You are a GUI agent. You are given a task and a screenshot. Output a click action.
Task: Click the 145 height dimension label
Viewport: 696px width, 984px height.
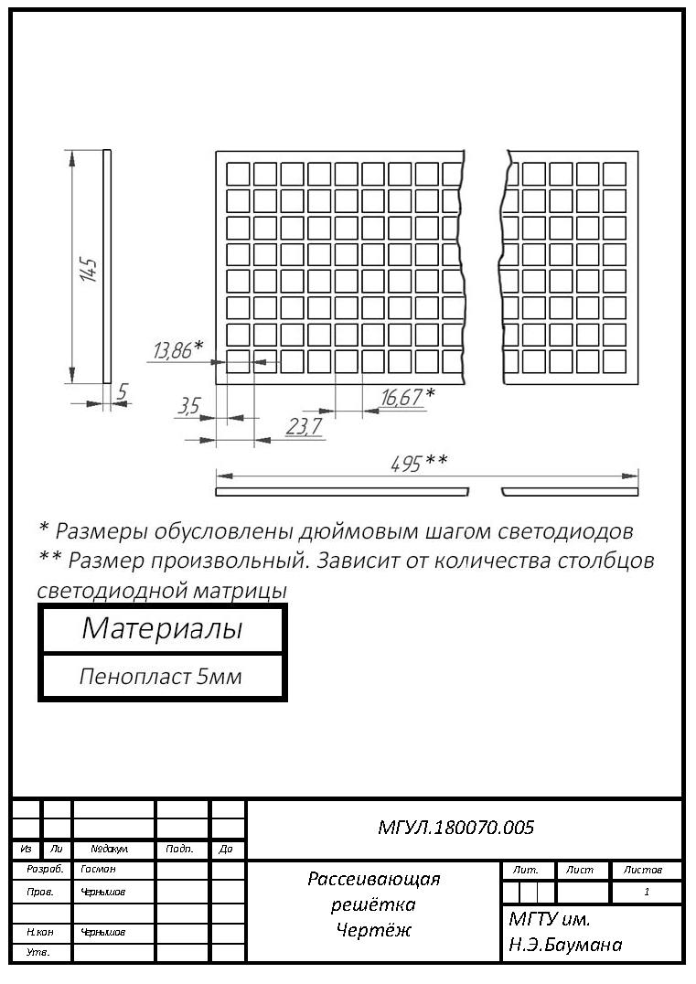(x=89, y=269)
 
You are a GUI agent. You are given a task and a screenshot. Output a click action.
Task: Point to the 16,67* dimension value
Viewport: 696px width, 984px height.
(x=408, y=397)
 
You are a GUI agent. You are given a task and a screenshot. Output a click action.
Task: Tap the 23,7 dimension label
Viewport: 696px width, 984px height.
(x=305, y=427)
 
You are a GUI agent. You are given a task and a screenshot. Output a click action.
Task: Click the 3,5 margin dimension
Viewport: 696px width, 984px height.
(x=189, y=406)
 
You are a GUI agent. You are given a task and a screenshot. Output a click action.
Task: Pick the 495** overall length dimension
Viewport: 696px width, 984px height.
(x=419, y=463)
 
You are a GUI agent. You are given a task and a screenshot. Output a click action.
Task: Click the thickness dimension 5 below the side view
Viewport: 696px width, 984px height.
(x=122, y=391)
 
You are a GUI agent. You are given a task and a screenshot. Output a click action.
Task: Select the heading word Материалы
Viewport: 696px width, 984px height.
(x=162, y=628)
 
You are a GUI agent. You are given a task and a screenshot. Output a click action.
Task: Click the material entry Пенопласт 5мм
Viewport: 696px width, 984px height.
(x=161, y=677)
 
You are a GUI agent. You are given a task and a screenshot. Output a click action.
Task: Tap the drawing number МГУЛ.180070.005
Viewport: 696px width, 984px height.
(x=455, y=827)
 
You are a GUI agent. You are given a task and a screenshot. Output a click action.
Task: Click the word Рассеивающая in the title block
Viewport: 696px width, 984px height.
(x=374, y=879)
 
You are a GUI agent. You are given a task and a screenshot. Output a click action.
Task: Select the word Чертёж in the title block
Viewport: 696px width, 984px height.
(x=373, y=929)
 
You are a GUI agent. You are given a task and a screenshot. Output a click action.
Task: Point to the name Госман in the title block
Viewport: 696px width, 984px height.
(x=98, y=869)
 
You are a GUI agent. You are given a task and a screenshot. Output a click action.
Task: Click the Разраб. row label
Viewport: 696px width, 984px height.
(x=45, y=869)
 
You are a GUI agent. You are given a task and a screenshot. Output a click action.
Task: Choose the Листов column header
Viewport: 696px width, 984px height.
(x=643, y=870)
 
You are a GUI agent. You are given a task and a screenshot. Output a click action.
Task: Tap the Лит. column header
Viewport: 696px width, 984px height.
(x=525, y=870)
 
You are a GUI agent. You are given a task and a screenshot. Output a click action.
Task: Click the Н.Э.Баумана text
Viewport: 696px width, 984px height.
(x=565, y=945)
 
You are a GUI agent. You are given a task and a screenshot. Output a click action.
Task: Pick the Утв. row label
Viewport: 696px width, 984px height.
(x=37, y=953)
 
